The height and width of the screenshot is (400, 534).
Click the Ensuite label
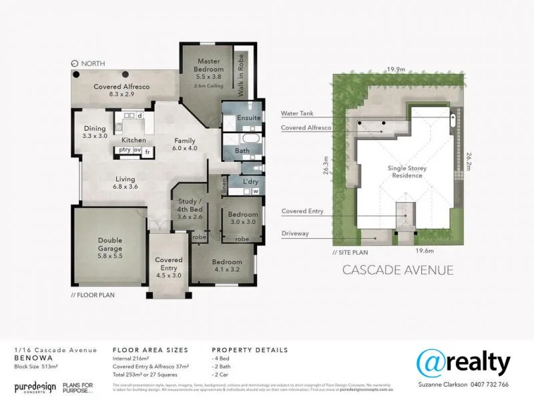(248, 117)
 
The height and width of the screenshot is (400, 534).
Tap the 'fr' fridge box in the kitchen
(146, 151)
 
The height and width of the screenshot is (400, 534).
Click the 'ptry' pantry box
(124, 151)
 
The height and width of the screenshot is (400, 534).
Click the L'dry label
(250, 181)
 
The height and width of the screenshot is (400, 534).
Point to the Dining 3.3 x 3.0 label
(95, 132)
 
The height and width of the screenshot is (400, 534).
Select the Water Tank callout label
(297, 114)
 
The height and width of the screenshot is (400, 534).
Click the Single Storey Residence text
(407, 173)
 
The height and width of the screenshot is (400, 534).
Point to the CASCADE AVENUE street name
(397, 270)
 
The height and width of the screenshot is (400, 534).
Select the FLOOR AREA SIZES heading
(150, 350)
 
